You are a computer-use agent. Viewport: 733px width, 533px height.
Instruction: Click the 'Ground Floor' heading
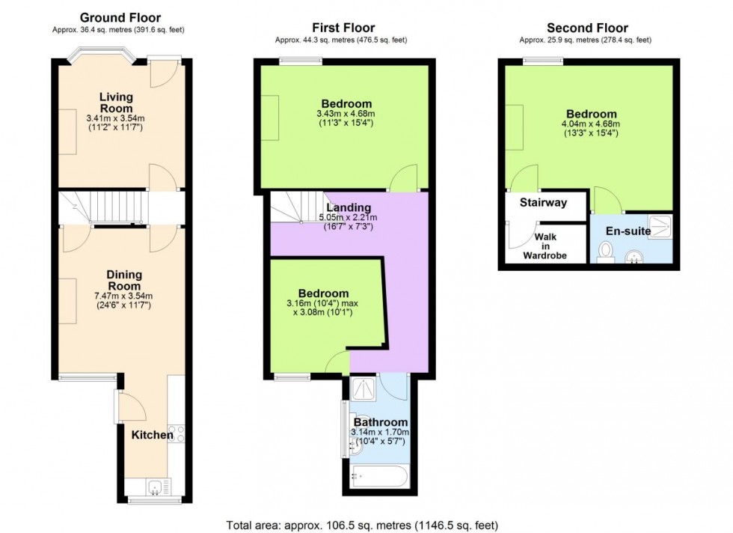120,17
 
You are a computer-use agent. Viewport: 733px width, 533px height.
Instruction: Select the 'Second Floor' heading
585,28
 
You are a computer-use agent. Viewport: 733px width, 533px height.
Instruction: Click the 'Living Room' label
116,103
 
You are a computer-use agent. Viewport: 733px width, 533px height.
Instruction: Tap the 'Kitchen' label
153,435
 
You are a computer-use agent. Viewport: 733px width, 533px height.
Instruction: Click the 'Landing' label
348,207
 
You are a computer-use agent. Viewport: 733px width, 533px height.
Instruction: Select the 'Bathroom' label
381,422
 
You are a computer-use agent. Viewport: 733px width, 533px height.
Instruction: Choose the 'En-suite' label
628,231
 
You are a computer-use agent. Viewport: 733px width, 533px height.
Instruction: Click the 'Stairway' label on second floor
544,203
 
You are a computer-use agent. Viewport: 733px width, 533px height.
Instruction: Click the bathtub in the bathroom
380,474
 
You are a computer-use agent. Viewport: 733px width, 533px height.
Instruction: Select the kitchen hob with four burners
177,435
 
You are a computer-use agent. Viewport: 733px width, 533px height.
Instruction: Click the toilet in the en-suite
607,254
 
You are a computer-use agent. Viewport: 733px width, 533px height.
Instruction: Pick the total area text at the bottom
362,525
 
